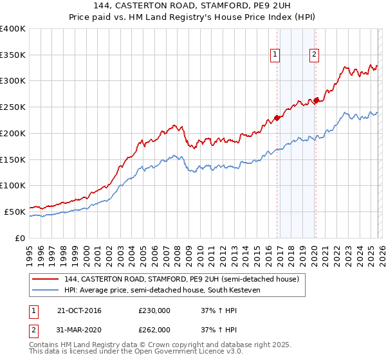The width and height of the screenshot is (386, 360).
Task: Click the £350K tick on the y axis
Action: point(13,55)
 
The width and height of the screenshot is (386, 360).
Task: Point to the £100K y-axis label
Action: point(13,185)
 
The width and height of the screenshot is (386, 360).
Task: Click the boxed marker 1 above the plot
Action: point(275,55)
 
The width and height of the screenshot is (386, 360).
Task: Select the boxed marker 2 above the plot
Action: point(314,55)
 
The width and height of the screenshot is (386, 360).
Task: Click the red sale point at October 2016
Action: point(277,118)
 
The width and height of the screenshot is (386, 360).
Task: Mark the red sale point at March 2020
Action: point(316,100)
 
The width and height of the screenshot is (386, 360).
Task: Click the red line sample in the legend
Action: point(46,280)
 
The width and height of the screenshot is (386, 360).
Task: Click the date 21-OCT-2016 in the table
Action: point(79,311)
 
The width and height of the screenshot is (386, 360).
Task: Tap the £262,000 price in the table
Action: point(154,330)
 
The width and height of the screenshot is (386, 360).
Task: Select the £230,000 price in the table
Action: point(154,311)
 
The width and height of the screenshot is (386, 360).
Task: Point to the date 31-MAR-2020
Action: point(79,330)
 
